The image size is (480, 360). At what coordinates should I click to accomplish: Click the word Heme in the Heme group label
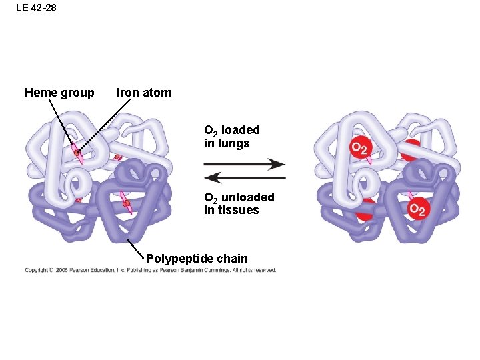click(41, 93)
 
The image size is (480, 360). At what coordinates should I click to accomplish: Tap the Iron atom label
click(144, 93)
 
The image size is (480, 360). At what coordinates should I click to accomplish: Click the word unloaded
click(247, 197)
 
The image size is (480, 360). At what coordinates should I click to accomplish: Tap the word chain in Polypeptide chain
click(231, 259)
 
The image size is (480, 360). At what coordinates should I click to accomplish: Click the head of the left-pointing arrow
click(209, 177)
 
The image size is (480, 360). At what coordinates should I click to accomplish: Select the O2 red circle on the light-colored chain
click(360, 148)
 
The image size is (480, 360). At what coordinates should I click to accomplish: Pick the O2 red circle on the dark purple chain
click(417, 209)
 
